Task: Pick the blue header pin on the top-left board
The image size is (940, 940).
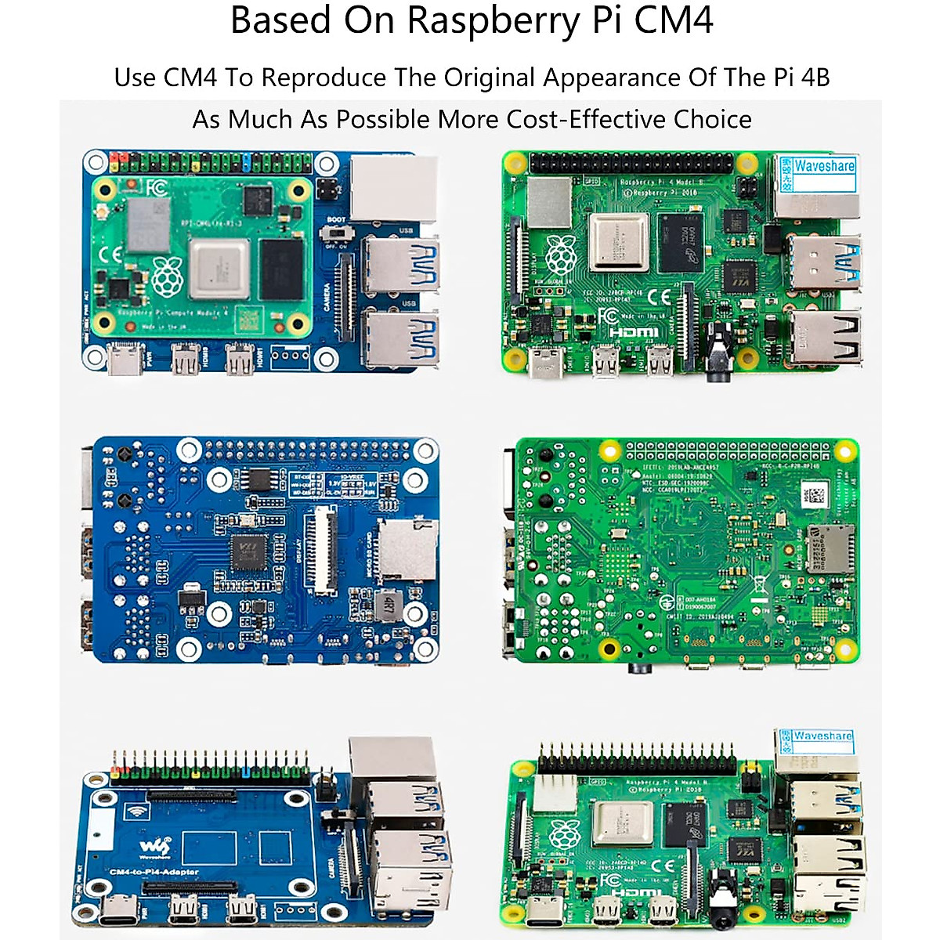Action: (x=247, y=162)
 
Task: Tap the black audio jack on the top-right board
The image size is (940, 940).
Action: (x=718, y=357)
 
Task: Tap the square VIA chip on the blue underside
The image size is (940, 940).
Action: (x=248, y=554)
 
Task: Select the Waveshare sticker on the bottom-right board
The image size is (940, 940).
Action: (x=821, y=737)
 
